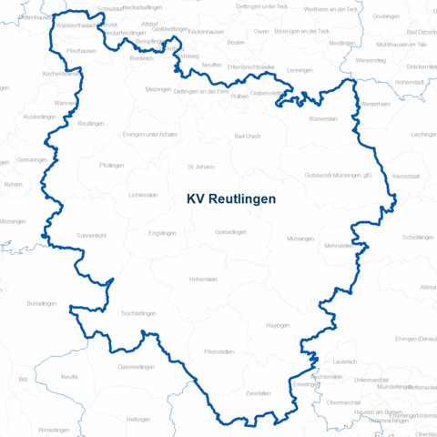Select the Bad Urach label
pos(248,136)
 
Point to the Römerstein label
pos(323,119)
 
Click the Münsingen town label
pos(300,238)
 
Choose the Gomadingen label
pos(230,232)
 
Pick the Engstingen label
pos(161,233)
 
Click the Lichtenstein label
pos(144,195)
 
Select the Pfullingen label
pos(113,165)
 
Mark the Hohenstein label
pos(203,279)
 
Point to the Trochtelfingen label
pos(138,313)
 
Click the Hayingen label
pos(278,325)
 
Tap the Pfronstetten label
pos(219,351)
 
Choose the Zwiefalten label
pos(259,392)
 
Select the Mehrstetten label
pos(338,246)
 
